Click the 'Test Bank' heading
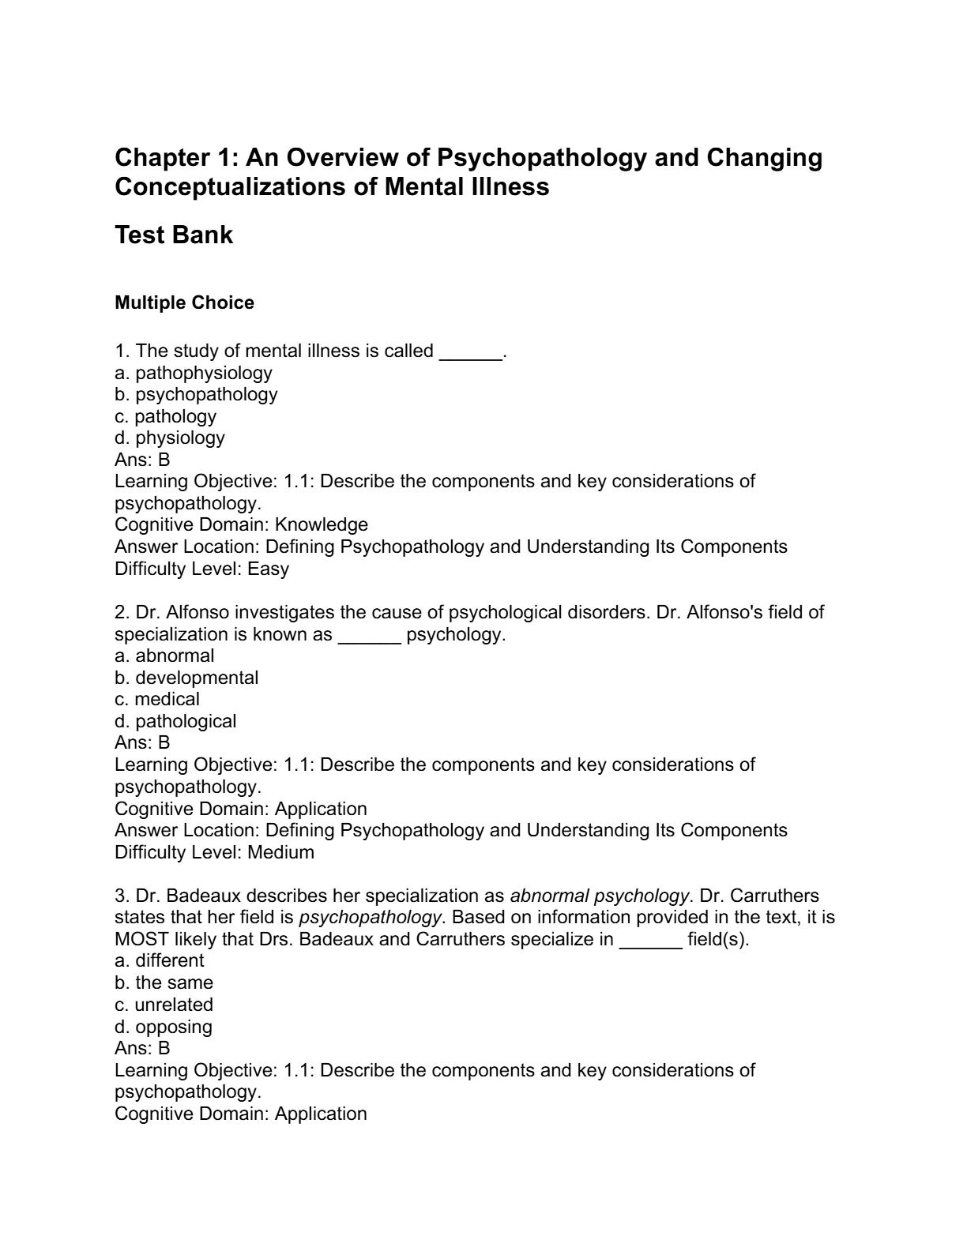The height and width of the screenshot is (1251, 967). click(x=174, y=235)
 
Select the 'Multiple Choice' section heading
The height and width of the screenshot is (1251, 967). click(x=184, y=303)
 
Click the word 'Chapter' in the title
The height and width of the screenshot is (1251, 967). click(x=161, y=158)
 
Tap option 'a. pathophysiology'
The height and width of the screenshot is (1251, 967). click(x=194, y=373)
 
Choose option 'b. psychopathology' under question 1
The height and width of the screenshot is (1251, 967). click(x=196, y=394)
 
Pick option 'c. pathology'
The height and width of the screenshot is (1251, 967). click(x=165, y=416)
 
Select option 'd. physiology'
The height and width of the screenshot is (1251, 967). click(x=170, y=438)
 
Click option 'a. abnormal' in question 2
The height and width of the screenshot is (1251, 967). click(x=164, y=656)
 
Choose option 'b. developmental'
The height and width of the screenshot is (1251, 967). click(x=186, y=678)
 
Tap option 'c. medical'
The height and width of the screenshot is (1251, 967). click(x=157, y=700)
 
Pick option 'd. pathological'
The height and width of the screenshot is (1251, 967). click(x=175, y=721)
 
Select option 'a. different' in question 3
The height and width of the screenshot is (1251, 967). click(x=160, y=961)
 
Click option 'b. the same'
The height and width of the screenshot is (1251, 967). click(x=164, y=983)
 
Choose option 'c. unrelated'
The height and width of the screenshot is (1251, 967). click(x=164, y=1005)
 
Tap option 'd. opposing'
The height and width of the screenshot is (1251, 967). click(x=164, y=1027)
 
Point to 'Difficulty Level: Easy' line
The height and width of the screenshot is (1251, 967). click(x=202, y=569)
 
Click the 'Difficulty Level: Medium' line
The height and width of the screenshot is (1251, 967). click(x=214, y=852)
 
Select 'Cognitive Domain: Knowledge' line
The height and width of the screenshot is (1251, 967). click(x=241, y=525)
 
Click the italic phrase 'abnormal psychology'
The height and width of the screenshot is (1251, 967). click(x=600, y=896)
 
